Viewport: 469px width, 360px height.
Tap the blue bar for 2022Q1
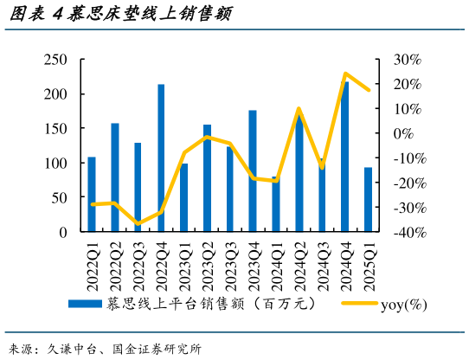click(x=92, y=195)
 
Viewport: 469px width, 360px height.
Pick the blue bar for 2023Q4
click(x=253, y=171)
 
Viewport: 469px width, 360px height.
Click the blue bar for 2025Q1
click(x=368, y=200)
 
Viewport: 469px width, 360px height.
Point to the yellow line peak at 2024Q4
click(x=345, y=74)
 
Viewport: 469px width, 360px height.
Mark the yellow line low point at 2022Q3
click(x=138, y=224)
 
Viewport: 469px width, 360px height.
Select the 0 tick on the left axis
click(x=63, y=233)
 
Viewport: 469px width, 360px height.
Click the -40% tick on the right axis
click(x=408, y=233)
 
